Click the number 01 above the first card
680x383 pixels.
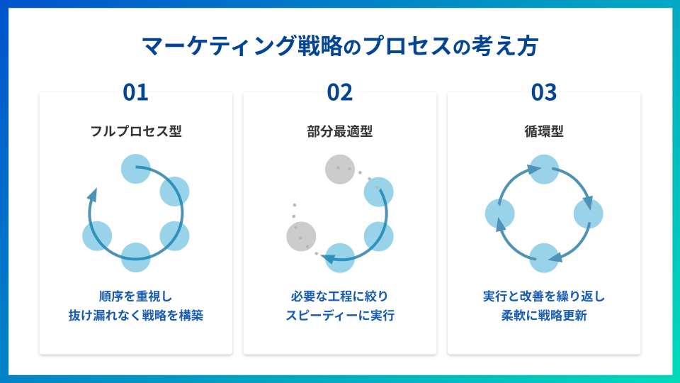pos(135,92)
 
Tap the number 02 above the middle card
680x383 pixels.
pos(339,92)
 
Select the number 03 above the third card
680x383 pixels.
pos(544,92)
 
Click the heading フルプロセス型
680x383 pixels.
pos(136,131)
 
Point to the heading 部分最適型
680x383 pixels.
pos(339,131)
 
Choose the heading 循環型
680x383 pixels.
pos(544,131)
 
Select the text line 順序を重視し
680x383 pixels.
pos(136,296)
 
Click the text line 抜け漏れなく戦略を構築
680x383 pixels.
pos(136,315)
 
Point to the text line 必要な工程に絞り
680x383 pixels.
pos(339,296)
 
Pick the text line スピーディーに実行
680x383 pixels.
pos(339,315)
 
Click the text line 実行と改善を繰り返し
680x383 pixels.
pos(544,296)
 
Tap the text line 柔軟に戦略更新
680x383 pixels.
pos(544,315)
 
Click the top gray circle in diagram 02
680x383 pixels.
pos(340,170)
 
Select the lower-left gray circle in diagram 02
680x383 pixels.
pos(302,237)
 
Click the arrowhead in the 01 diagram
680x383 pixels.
pos(92,194)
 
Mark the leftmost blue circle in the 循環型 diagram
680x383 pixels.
pos(499,213)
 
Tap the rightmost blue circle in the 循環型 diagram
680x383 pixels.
pos(589,213)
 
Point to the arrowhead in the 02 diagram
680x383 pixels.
pos(328,259)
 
